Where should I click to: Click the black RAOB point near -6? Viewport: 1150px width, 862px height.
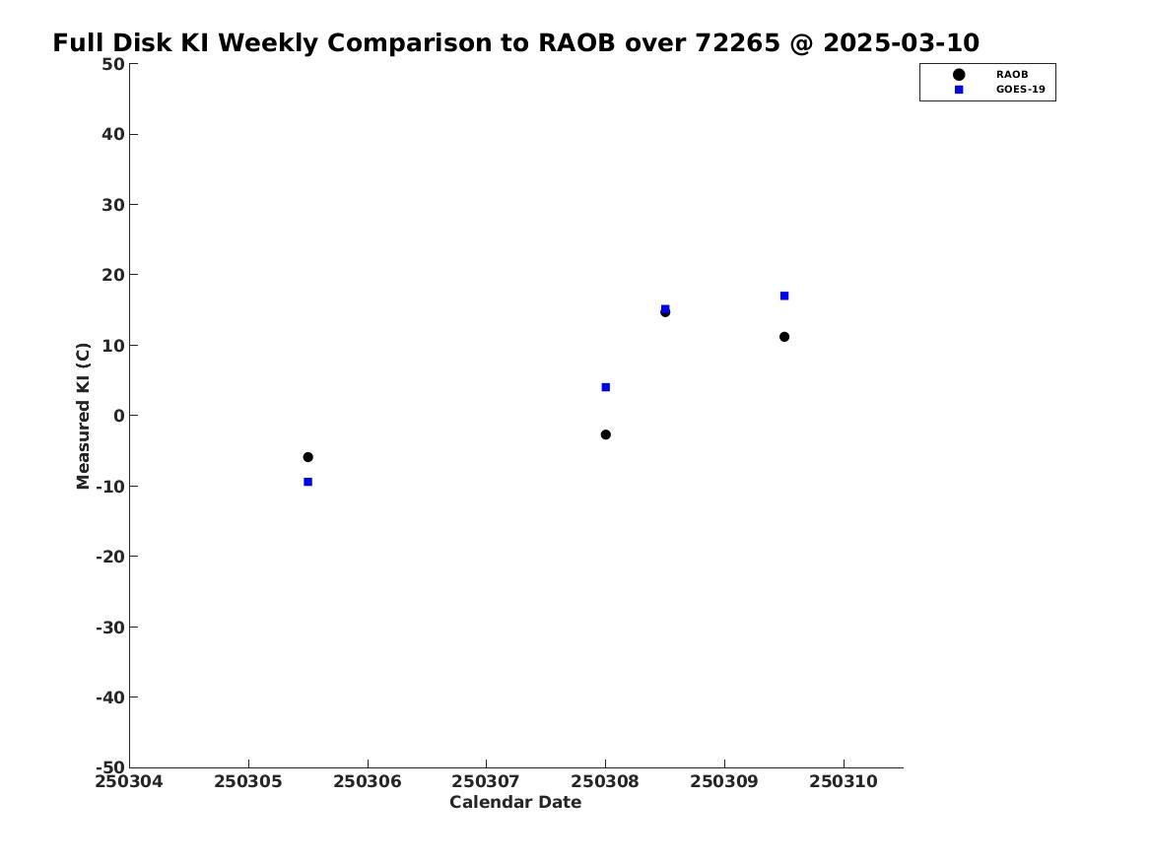pos(308,457)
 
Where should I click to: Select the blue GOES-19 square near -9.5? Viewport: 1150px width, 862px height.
pos(308,482)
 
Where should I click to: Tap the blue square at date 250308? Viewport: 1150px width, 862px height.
pos(606,387)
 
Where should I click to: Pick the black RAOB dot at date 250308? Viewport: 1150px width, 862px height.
pos(606,434)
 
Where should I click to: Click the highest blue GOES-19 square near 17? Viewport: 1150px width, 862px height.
pos(784,297)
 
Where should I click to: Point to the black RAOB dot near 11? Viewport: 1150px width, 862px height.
pos(784,337)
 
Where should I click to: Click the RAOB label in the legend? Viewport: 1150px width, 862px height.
pos(1012,75)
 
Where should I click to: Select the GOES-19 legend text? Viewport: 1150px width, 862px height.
pos(1020,90)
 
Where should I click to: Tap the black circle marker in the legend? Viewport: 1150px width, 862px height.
pos(959,75)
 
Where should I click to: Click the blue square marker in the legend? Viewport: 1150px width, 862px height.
pos(959,90)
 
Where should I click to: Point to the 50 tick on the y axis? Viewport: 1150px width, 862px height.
pos(113,64)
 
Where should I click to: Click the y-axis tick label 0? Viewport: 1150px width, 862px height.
pos(119,416)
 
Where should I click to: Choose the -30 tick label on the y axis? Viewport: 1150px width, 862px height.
pos(110,627)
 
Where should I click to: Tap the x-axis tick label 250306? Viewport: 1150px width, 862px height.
pos(368,782)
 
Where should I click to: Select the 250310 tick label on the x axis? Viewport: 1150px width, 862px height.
pos(844,782)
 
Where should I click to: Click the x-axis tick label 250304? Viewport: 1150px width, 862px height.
pos(129,782)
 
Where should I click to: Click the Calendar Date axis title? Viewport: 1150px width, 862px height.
pos(515,803)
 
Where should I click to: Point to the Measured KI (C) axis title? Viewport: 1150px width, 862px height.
pos(83,416)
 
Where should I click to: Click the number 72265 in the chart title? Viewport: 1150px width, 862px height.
pos(737,43)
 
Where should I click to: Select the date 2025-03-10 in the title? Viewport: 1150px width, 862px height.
pos(902,43)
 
